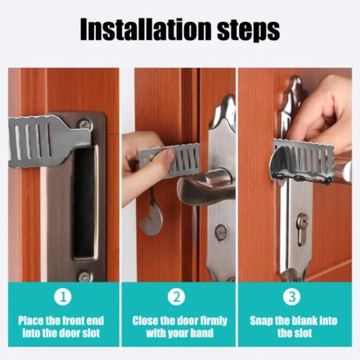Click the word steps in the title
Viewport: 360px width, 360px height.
[249, 31]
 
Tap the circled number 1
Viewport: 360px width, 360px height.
[63, 297]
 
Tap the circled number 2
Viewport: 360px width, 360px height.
[176, 297]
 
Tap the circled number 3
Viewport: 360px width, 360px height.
[291, 297]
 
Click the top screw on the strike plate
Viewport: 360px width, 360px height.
[85, 124]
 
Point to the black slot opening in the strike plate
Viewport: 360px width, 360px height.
[84, 204]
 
